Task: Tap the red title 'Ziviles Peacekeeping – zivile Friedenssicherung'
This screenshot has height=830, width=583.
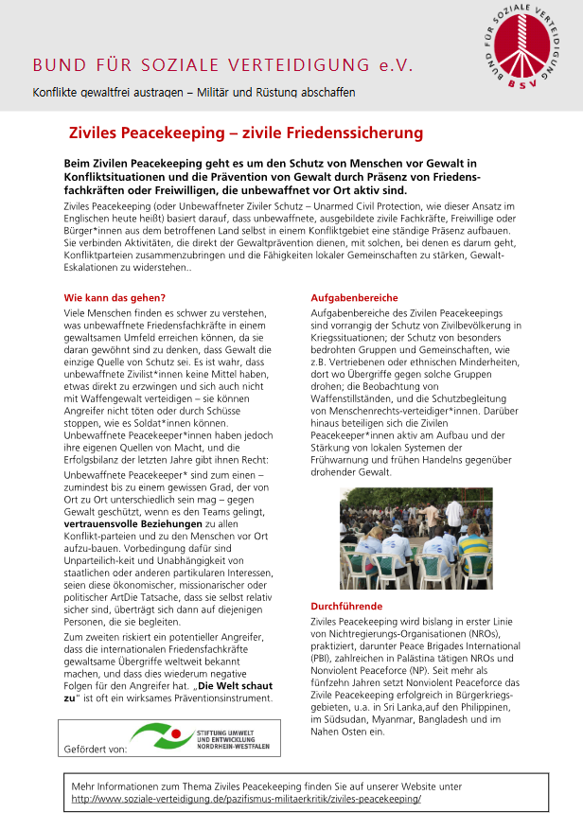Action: click(246, 133)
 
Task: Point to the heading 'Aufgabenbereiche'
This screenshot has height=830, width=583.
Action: click(355, 298)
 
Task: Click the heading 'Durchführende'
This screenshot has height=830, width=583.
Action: click(347, 606)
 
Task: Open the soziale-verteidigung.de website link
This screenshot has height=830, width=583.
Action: click(246, 799)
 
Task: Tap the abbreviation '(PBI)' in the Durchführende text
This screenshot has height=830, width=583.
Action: click(325, 658)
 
